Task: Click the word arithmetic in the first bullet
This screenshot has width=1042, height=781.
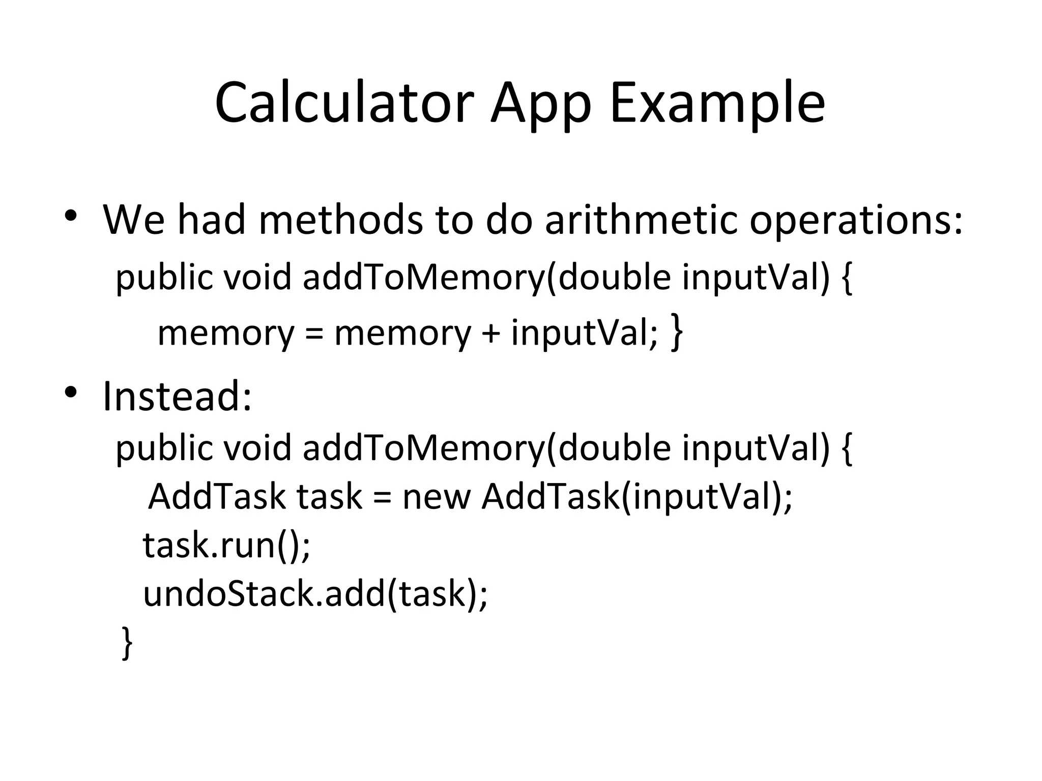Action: (641, 220)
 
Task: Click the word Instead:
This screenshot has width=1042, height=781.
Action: (177, 396)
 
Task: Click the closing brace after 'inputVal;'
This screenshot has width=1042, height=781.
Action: (676, 332)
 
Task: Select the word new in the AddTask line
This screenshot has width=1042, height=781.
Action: (436, 497)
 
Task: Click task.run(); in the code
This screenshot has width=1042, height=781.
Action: (226, 545)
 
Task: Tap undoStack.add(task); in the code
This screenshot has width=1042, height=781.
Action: (315, 594)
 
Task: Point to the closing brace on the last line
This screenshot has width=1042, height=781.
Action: (127, 643)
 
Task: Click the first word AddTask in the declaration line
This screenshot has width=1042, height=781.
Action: (217, 497)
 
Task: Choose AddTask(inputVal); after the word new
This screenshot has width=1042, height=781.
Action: (636, 497)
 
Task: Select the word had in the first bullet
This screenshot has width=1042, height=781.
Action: (211, 220)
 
